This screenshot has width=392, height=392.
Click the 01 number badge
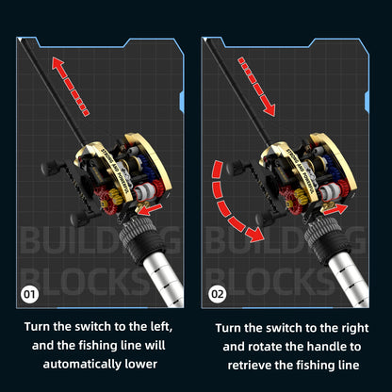(29, 293)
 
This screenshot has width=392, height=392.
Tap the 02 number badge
(219, 293)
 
